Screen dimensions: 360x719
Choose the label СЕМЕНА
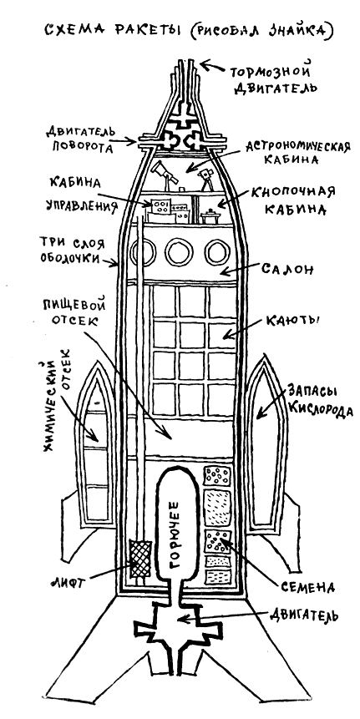click(x=307, y=586)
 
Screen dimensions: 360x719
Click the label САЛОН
click(x=287, y=269)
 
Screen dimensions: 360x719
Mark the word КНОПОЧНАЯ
click(x=289, y=193)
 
